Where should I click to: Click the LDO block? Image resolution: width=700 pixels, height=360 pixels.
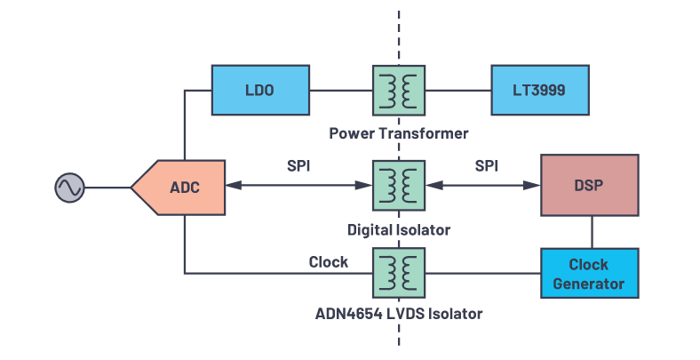click(259, 89)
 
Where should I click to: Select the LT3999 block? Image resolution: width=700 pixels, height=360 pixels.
click(539, 89)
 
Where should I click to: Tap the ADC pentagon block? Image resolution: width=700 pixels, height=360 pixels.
click(184, 187)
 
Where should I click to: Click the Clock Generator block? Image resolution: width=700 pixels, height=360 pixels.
click(588, 274)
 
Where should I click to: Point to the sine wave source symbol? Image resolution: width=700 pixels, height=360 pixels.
click(68, 187)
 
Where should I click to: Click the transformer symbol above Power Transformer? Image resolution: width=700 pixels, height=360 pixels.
click(399, 89)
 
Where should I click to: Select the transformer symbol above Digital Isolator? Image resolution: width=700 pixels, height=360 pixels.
click(399, 186)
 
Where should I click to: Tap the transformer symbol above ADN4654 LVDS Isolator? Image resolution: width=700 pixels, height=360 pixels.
click(399, 273)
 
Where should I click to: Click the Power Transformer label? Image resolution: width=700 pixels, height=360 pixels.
click(398, 133)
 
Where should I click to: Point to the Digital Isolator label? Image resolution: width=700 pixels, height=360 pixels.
click(398, 229)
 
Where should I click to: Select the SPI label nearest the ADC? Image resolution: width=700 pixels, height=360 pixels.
click(299, 166)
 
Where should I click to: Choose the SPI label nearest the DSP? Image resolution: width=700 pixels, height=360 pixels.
click(486, 166)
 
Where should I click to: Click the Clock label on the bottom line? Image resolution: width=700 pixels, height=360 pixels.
click(328, 261)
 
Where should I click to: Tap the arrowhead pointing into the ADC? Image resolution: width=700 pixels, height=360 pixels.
click(234, 186)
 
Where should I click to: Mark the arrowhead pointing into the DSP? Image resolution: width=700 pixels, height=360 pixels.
click(534, 186)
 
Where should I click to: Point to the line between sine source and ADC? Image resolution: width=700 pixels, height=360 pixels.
click(107, 187)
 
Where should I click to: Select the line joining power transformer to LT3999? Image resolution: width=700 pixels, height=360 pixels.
click(457, 89)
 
